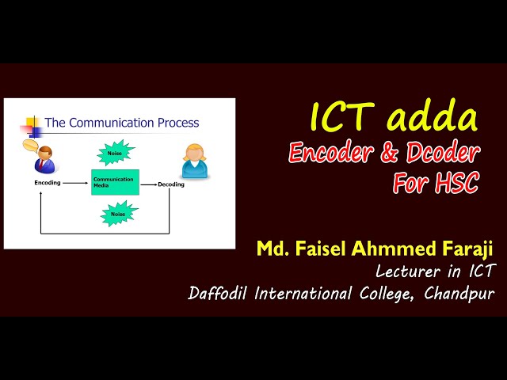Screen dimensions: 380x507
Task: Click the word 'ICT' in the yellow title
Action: point(343,119)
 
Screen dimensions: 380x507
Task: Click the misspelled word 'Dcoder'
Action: point(441,153)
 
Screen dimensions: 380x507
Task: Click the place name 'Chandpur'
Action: point(459,294)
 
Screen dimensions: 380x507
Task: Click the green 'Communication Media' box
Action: point(115,182)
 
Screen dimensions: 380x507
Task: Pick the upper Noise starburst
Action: point(116,151)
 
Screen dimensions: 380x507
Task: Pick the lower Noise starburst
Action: point(118,213)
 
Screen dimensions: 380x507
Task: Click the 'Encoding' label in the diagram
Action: point(48,183)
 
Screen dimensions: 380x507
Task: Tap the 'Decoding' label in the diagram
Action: point(170,184)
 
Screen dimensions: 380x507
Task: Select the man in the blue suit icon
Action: point(45,159)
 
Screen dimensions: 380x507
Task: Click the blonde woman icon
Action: point(194,161)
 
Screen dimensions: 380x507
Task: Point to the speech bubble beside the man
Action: point(30,146)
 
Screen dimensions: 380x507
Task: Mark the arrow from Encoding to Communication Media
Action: point(75,183)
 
